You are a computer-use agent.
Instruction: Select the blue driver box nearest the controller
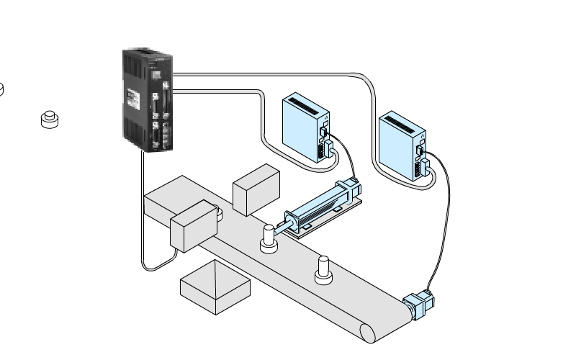click(302, 130)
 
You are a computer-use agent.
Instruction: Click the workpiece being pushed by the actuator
click(269, 239)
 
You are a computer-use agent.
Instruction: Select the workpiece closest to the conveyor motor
click(323, 269)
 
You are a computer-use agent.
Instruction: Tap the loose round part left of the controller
click(50, 119)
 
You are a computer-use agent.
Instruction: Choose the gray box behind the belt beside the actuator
click(256, 189)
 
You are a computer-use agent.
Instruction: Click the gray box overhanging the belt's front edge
click(193, 227)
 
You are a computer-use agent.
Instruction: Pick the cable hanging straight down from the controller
click(140, 216)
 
